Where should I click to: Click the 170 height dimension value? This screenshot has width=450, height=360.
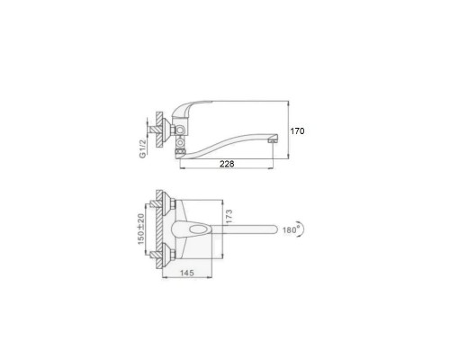[x=297, y=131]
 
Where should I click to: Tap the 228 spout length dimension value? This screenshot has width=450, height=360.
[x=227, y=164]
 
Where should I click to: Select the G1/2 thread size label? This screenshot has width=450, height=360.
[x=143, y=148]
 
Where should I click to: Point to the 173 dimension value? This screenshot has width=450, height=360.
[x=229, y=217]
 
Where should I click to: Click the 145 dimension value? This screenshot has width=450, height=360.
[x=187, y=273]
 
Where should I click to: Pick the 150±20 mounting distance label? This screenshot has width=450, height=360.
[x=141, y=229]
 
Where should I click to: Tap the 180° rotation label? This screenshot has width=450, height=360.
[x=291, y=229]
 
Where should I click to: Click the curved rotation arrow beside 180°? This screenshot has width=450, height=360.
[x=302, y=229]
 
